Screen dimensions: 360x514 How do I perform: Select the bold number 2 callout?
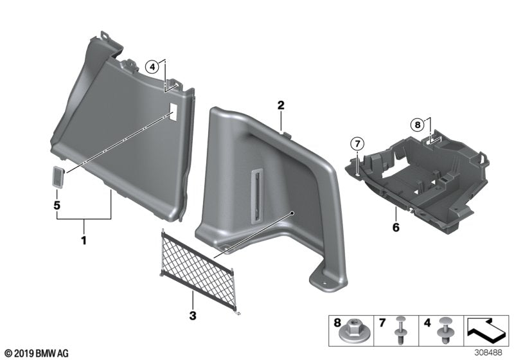[x=281, y=105]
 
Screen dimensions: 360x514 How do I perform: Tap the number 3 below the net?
[x=191, y=316]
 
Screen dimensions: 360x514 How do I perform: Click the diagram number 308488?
[x=490, y=354]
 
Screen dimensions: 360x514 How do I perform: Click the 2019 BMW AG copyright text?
[x=35, y=354]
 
